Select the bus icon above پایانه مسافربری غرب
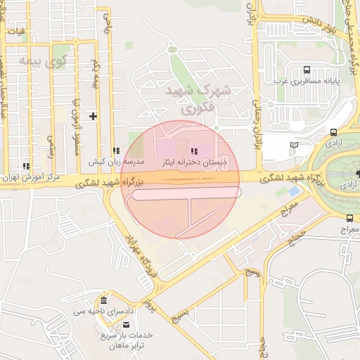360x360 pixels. pos(307,70)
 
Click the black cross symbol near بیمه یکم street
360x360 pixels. pos(92,115)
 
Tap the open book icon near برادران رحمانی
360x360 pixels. pos(294,145)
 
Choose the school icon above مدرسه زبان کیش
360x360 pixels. pos(115,150)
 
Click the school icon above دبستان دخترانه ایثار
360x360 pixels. pos(193,151)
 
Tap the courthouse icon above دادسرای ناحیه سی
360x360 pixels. pos(104,300)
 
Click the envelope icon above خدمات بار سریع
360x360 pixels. pos(126,324)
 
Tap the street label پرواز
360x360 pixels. pos(149,304)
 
